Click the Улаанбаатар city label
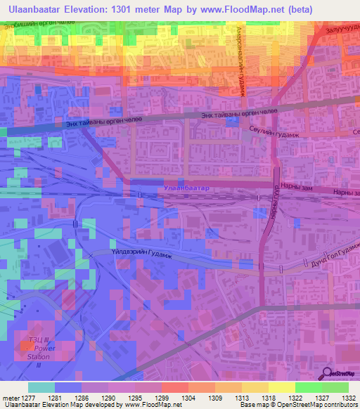(186, 189)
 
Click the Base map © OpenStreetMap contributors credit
(297, 405)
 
